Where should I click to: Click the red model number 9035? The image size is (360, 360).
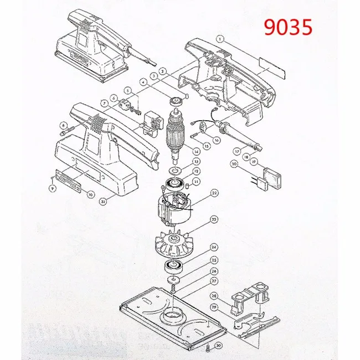(x=287, y=27)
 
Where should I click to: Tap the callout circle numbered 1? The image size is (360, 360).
(x=220, y=39)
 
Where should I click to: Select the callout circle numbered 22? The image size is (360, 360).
(x=213, y=193)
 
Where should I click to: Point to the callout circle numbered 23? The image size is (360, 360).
(x=213, y=220)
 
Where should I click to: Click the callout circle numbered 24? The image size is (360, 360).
(x=213, y=248)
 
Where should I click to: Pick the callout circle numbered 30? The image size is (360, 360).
(x=219, y=346)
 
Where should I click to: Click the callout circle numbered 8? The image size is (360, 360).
(x=64, y=125)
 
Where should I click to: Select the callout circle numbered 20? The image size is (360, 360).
(x=234, y=164)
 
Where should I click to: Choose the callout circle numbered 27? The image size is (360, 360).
(x=213, y=281)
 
